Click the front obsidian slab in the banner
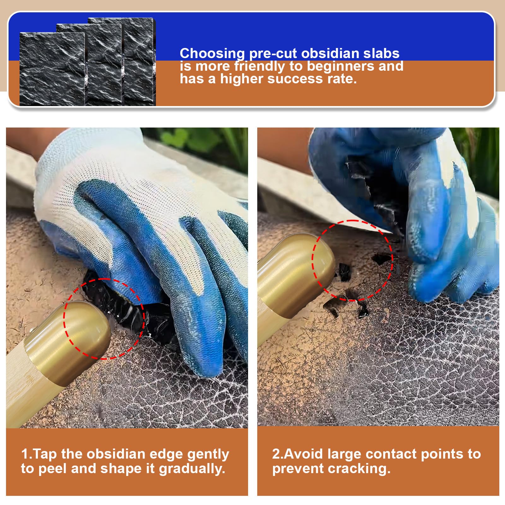click(x=52, y=69)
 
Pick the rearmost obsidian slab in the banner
click(x=139, y=62)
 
